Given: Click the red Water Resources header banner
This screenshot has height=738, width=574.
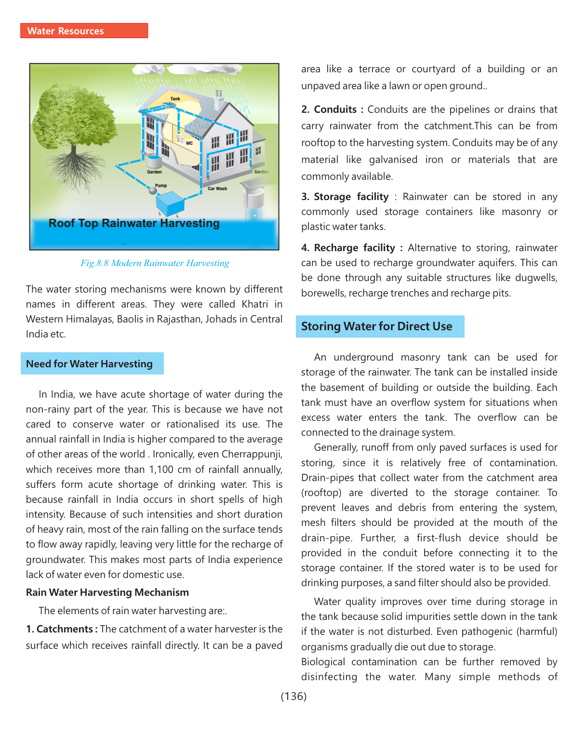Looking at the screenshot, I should (x=84, y=31).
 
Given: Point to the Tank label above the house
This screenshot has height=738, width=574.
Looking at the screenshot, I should (x=175, y=99).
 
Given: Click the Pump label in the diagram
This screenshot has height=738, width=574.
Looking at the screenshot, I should (x=161, y=186).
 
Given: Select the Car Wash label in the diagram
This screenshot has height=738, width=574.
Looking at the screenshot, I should (x=217, y=188).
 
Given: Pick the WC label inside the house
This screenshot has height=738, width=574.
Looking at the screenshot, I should (x=189, y=143).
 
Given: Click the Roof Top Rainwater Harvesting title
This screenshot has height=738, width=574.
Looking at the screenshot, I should (x=134, y=223).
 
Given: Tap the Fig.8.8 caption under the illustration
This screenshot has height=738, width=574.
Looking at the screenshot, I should (x=155, y=263).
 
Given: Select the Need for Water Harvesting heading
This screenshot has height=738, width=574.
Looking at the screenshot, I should (x=90, y=364).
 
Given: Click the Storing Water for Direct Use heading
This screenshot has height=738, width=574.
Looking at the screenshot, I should (x=376, y=326).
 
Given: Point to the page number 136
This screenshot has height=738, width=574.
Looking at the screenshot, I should (x=294, y=696).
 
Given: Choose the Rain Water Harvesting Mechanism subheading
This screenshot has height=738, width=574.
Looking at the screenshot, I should (x=107, y=592).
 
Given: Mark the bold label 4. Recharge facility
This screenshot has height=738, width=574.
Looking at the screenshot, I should (x=352, y=248).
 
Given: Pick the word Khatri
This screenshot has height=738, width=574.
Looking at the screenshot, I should (x=255, y=304).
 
